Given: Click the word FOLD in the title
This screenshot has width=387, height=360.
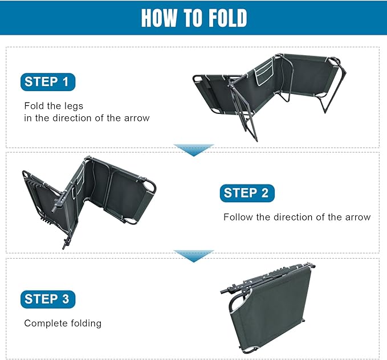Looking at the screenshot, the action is (x=227, y=18).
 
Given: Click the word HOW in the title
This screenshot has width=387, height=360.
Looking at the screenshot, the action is (x=159, y=18).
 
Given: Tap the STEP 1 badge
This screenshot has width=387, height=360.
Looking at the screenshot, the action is (x=48, y=82).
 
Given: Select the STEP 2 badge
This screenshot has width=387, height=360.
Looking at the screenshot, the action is (x=247, y=193).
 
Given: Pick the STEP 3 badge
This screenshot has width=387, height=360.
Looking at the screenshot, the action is (x=48, y=299).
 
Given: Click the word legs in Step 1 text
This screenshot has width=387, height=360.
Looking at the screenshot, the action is (x=74, y=106).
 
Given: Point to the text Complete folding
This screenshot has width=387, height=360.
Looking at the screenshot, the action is (x=63, y=323).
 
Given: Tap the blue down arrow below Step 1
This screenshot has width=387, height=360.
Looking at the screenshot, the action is (x=194, y=150).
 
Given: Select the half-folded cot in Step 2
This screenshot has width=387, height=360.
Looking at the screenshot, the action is (x=89, y=202).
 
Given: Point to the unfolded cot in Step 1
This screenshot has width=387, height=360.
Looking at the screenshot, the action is (x=269, y=96).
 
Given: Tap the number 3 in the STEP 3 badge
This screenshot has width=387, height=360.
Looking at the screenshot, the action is (x=65, y=299).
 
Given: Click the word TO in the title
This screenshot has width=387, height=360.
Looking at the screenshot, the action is (x=193, y=18).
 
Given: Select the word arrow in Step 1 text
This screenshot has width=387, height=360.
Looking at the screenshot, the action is (x=137, y=118).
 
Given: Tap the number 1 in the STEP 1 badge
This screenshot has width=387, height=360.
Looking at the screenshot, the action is (x=66, y=81).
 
